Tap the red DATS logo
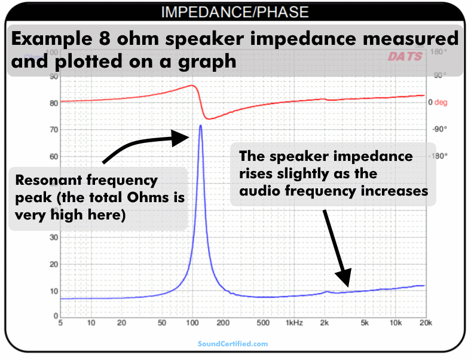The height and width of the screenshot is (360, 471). [x=405, y=57]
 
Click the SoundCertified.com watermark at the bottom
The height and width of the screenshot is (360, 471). [x=233, y=344]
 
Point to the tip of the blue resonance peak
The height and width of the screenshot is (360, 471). [x=200, y=126]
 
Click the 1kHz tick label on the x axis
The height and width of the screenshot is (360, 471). [x=294, y=324]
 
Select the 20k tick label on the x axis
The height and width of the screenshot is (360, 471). [x=425, y=324]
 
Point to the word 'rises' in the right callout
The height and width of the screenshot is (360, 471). [x=257, y=174]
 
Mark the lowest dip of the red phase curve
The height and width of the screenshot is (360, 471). [x=209, y=118]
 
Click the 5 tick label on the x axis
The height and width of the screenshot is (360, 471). [x=61, y=324]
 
